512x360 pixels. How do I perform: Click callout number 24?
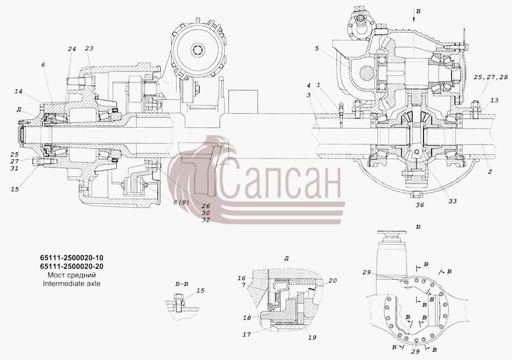[72, 49]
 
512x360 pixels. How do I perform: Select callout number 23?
[89, 48]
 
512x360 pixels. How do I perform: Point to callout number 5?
[316, 48]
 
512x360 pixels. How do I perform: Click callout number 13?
[495, 100]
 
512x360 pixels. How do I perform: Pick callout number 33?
[452, 201]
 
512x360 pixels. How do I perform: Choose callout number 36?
[420, 205]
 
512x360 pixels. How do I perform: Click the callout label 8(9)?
[181, 202]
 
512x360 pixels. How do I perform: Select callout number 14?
[18, 92]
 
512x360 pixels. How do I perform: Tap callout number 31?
[14, 168]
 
